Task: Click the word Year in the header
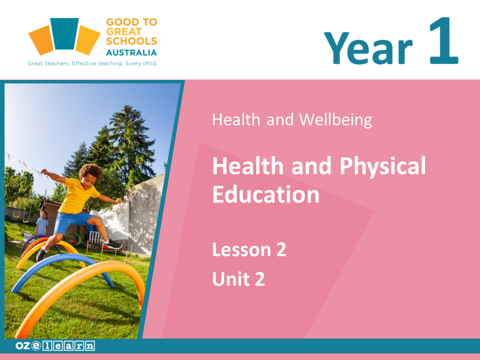click(x=368, y=48)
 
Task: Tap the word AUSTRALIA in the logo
click(x=131, y=52)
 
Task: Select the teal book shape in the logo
click(x=64, y=33)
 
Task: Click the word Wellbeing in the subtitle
click(x=335, y=119)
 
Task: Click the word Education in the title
click(x=266, y=194)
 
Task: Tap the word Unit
click(x=231, y=279)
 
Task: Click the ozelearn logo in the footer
click(x=55, y=345)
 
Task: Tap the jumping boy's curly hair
click(x=90, y=171)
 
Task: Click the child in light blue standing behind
click(x=42, y=223)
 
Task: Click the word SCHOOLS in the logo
click(x=131, y=41)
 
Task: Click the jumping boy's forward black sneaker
click(x=112, y=244)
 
